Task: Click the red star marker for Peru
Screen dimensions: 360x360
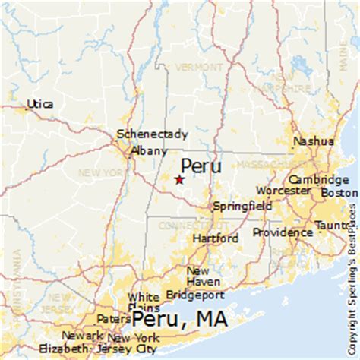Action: (179, 180)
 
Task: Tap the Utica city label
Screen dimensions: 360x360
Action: (39, 103)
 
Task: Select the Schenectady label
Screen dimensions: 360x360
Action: (152, 134)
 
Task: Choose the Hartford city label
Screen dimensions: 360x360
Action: (215, 238)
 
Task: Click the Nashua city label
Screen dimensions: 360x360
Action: (314, 141)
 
